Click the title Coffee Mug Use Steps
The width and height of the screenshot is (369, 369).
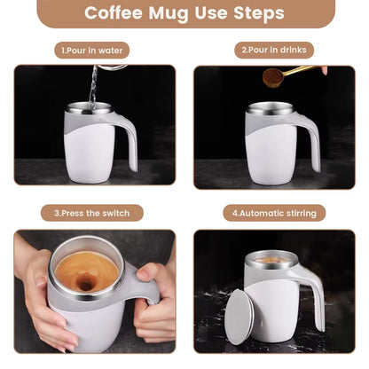(x=184, y=14)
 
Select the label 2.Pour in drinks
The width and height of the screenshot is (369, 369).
(x=275, y=51)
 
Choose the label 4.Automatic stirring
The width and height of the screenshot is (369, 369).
(x=275, y=213)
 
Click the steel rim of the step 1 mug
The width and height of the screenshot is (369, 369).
(x=90, y=108)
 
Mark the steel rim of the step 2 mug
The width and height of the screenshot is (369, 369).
(x=271, y=108)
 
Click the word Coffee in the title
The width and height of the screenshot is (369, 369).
(x=118, y=14)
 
